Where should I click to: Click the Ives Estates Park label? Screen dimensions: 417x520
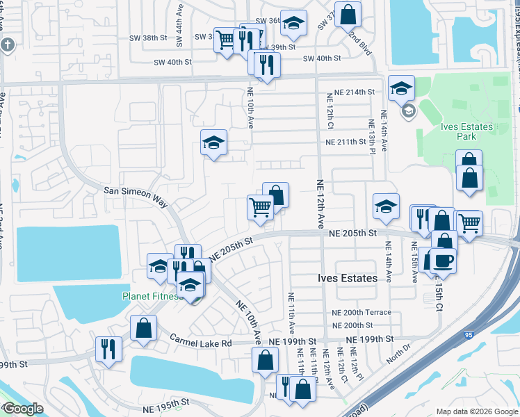coord(466,132)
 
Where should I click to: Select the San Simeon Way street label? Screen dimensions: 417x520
coord(136,195)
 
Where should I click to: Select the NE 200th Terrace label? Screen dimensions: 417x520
coord(361,313)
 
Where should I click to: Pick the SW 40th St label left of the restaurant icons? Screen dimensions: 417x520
coord(172,62)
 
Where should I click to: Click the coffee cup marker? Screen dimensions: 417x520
coord(442,261)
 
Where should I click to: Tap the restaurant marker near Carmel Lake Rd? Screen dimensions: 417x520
coord(108,348)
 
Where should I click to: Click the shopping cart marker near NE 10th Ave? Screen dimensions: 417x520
coord(260,206)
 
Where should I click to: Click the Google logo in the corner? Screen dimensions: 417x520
coord(23,409)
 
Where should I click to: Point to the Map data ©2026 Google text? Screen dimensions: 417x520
coord(476,411)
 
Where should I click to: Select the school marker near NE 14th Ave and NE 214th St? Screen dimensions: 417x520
coord(401,88)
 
